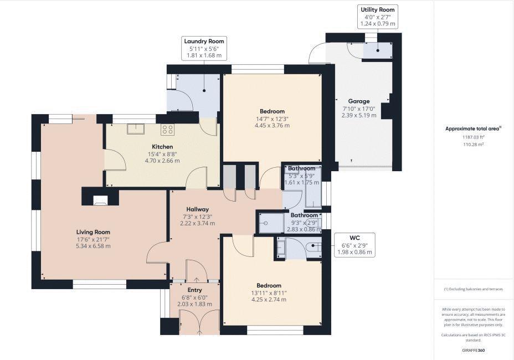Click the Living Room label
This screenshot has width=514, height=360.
[93, 232]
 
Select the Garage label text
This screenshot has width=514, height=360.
[359, 101]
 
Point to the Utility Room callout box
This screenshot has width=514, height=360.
[378, 17]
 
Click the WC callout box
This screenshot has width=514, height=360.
[356, 245]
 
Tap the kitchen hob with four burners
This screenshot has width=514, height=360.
[167, 130]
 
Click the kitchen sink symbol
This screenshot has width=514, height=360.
[136, 129]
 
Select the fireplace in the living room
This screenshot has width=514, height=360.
[100, 200]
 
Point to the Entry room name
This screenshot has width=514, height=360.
[194, 290]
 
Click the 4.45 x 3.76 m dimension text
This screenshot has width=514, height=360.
[272, 125]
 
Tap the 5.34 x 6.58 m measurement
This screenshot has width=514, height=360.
[93, 245]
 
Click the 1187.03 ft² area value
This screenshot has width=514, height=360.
[473, 136]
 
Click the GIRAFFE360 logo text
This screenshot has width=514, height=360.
[473, 351]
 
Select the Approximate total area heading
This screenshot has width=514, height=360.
[473, 128]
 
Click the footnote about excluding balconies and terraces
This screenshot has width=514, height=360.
[473, 289]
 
